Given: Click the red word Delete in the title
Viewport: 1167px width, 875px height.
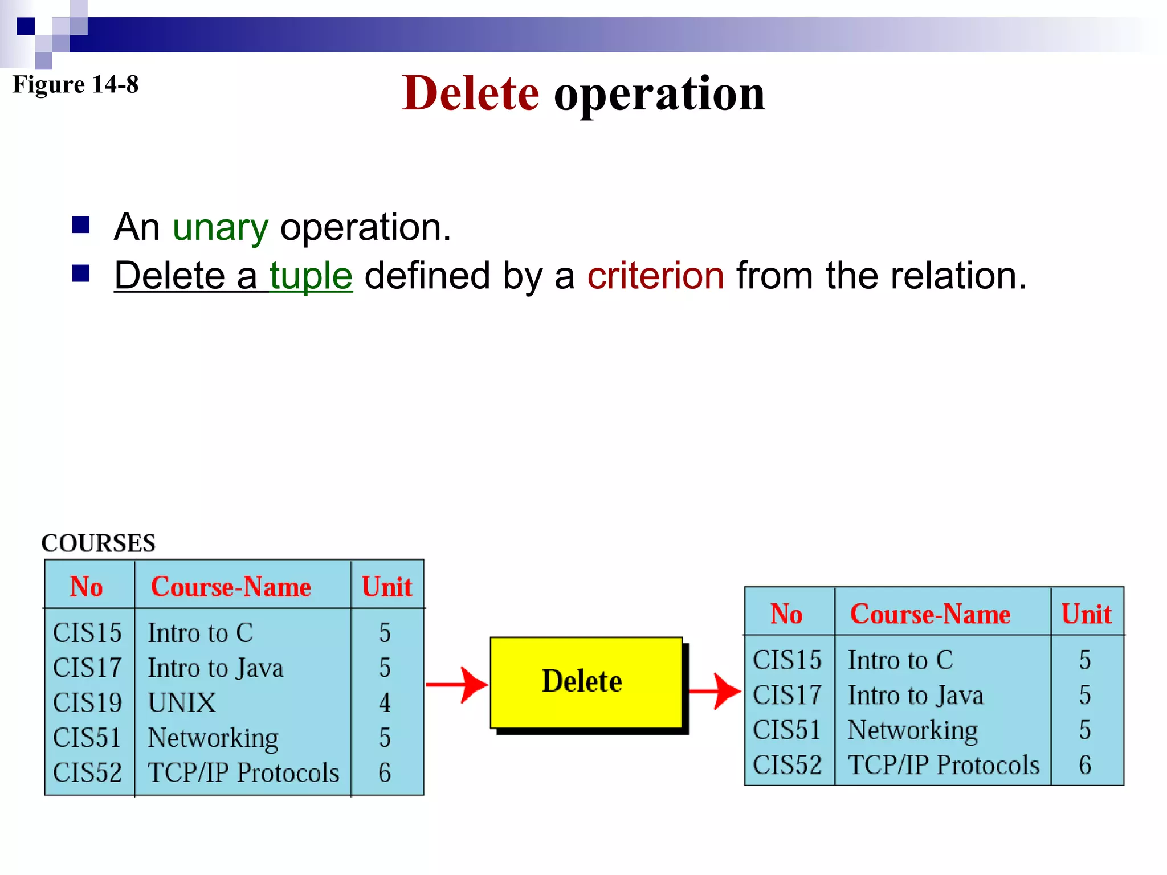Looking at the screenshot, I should tap(470, 93).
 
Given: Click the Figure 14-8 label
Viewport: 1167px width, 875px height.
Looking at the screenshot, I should tap(75, 84).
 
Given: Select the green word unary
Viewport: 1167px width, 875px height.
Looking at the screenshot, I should tap(220, 228).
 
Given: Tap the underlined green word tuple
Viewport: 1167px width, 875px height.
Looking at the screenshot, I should tap(311, 276).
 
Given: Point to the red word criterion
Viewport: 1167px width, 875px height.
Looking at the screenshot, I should tap(655, 276).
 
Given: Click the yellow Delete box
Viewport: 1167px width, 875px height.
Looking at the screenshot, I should tap(586, 682).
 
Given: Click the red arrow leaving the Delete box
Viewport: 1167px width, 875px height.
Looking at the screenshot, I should tap(715, 691).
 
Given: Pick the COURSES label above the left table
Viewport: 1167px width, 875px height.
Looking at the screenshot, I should tap(98, 543).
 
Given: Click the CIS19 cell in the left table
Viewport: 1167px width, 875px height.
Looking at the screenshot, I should tap(87, 703).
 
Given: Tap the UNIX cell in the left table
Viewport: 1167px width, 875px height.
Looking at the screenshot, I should tap(182, 703).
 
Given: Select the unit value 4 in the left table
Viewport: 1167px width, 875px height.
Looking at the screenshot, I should tap(385, 703).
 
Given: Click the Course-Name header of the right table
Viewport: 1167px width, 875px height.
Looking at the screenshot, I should tap(930, 614).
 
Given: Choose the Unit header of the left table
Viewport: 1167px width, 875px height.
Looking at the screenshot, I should tap(387, 587).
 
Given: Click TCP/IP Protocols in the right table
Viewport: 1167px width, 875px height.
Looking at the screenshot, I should tap(944, 765).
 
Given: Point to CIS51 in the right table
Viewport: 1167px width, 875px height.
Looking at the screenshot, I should tap(786, 730).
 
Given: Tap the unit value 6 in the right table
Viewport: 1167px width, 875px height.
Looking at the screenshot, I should tap(1085, 765).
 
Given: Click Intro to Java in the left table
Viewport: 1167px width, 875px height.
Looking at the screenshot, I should tap(215, 668).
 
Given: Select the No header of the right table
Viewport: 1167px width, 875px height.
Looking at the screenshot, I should tap(786, 614).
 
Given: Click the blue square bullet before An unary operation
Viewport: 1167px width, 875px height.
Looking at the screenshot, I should tap(81, 225).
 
